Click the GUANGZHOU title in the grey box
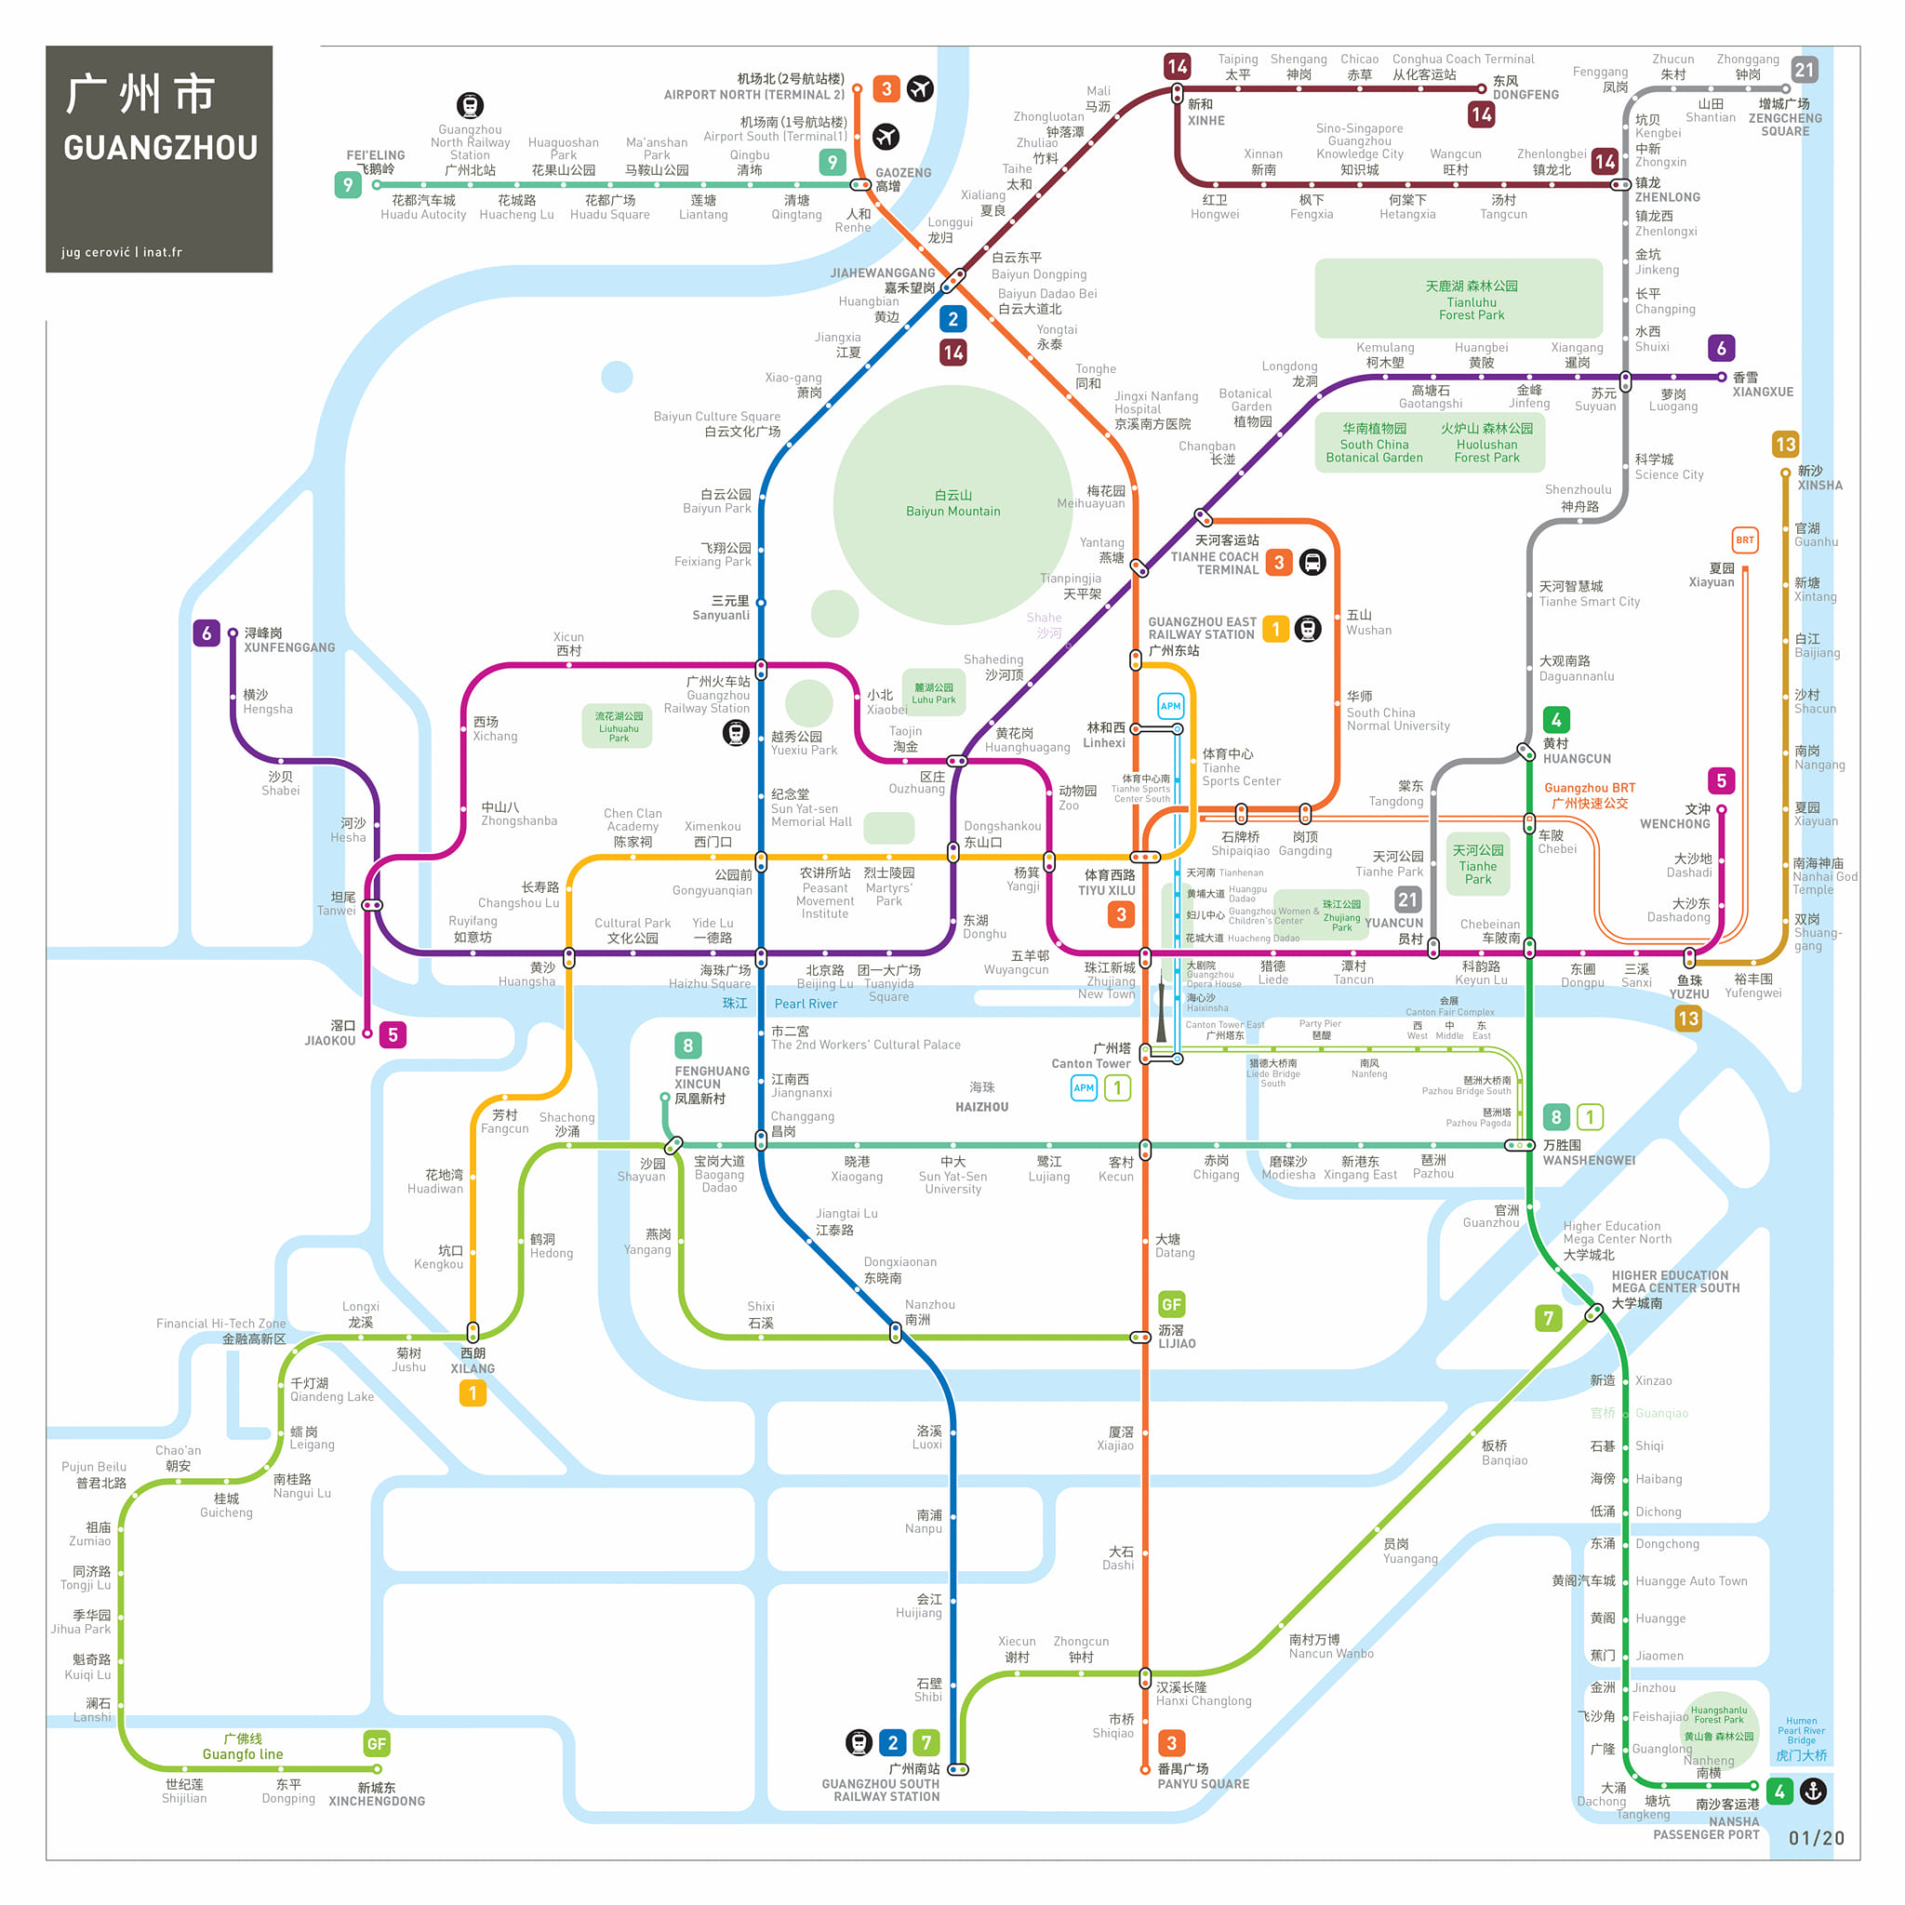160,148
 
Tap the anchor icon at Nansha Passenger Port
1813,1791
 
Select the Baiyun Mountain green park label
952,503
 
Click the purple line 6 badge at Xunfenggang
206,633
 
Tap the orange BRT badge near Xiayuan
1744,540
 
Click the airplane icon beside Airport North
920,88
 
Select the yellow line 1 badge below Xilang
473,1392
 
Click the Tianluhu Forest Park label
1471,300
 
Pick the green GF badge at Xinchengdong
376,1743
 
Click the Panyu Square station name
1202,1783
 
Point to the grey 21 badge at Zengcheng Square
1804,70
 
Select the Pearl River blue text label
805,1004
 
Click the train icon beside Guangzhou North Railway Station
470,104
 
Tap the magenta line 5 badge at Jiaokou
393,1034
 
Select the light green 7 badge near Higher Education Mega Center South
1548,1317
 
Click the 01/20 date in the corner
1816,1838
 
